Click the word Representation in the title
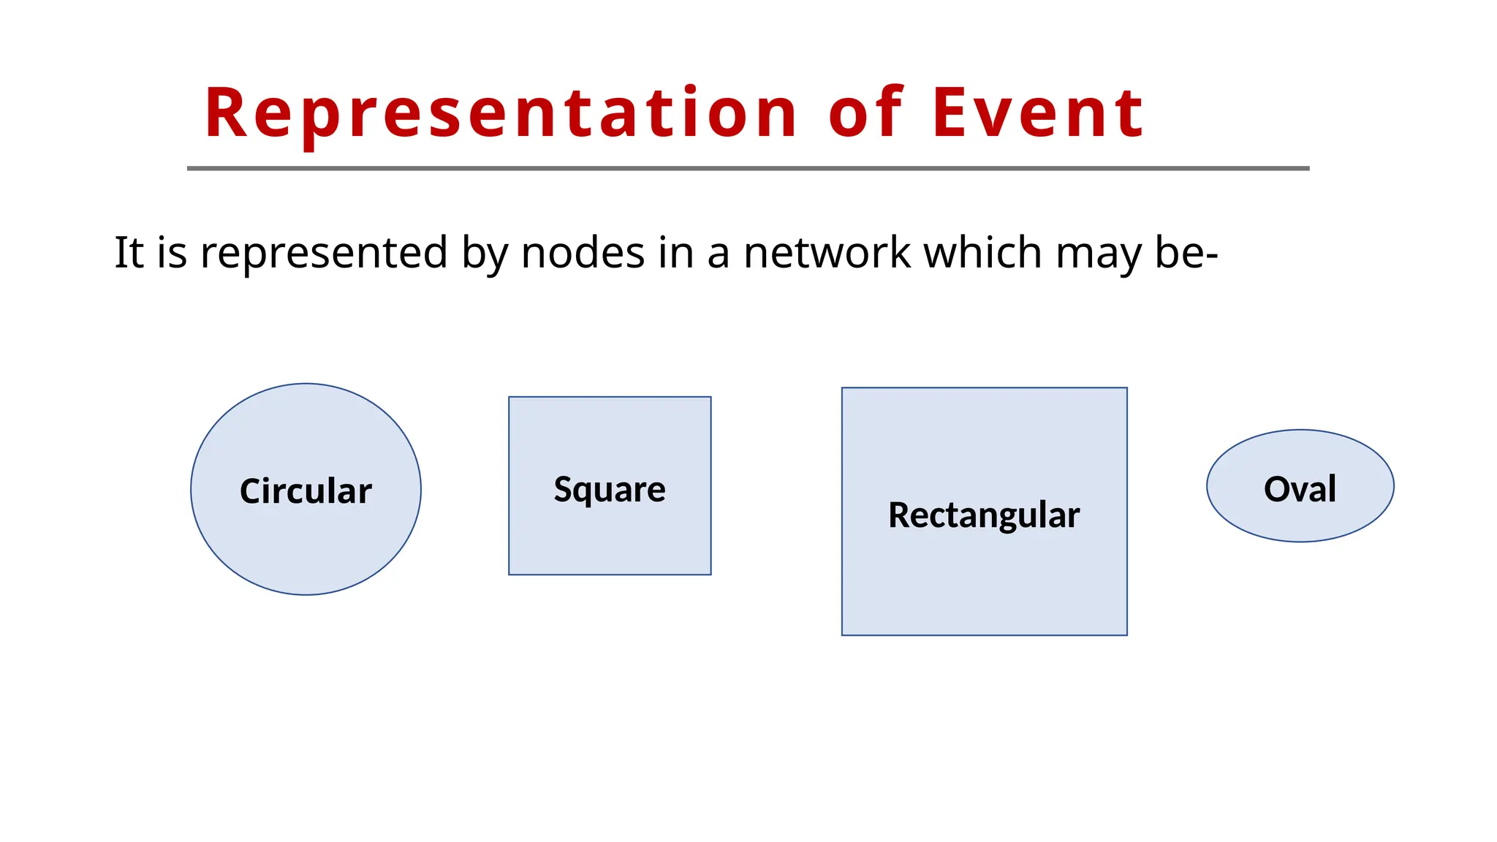(501, 113)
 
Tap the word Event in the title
(1037, 113)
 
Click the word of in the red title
(867, 113)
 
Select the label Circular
(306, 490)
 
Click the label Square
(610, 489)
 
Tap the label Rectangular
(984, 515)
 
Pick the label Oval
(1300, 488)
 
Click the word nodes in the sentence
(583, 253)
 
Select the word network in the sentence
(827, 253)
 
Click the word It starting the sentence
(129, 253)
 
